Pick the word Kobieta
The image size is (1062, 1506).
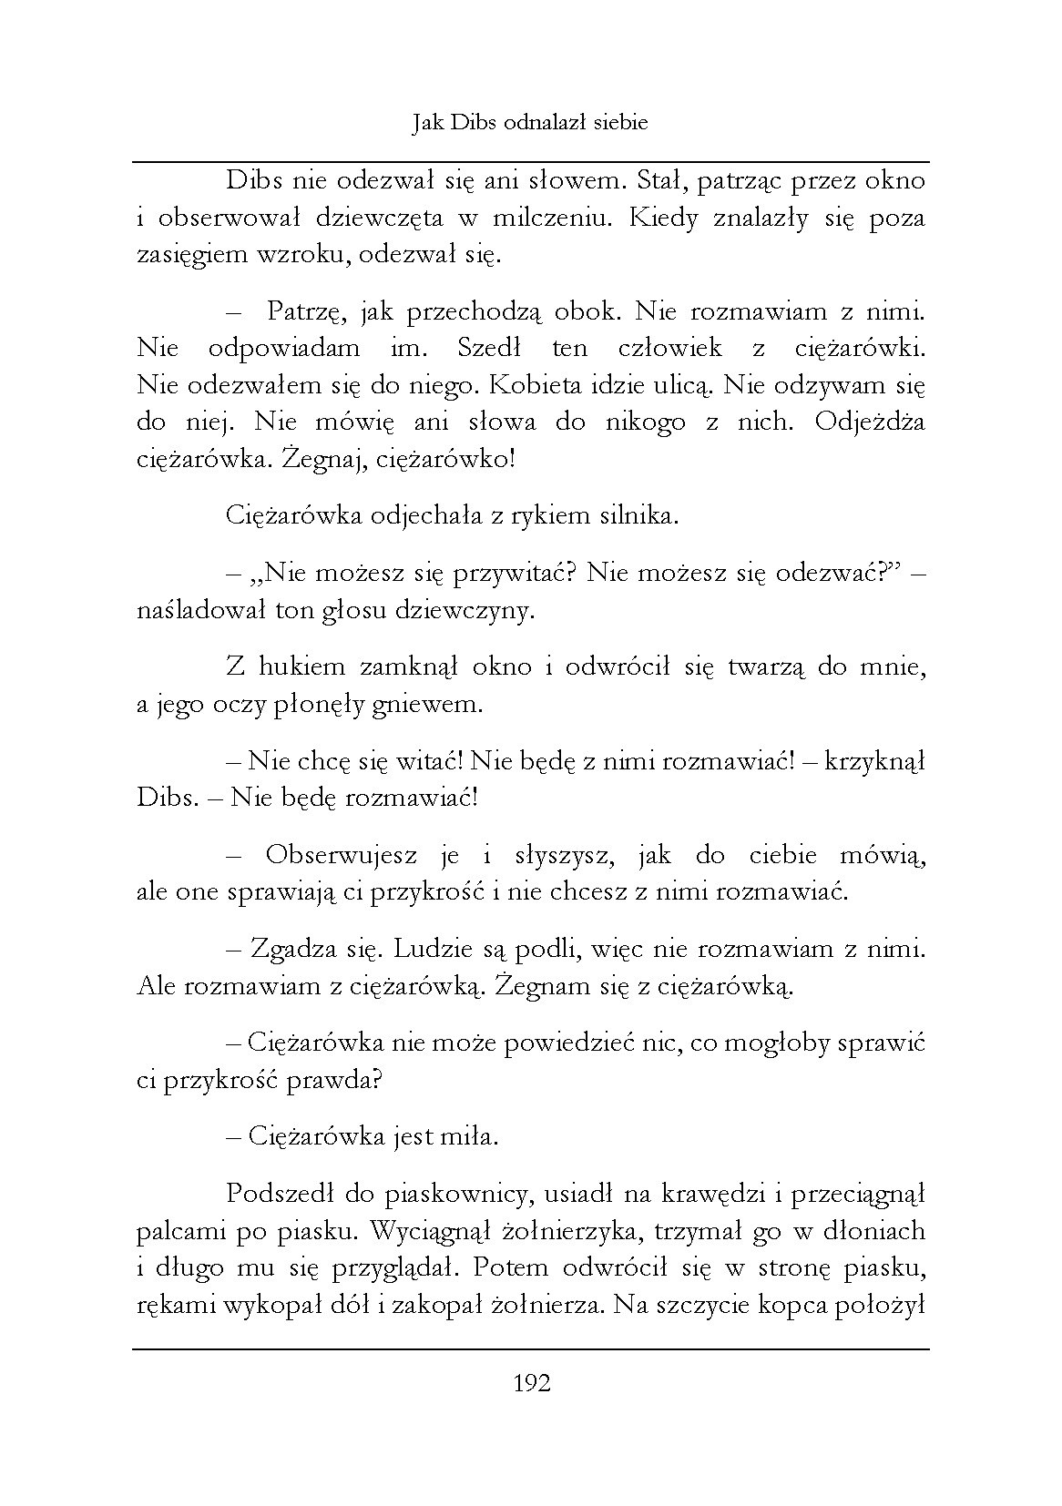(535, 385)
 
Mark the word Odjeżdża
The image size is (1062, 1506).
(871, 422)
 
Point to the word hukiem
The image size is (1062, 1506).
(301, 667)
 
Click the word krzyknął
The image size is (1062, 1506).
(874, 761)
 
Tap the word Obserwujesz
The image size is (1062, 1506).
(342, 855)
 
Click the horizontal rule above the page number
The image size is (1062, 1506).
(532, 1349)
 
